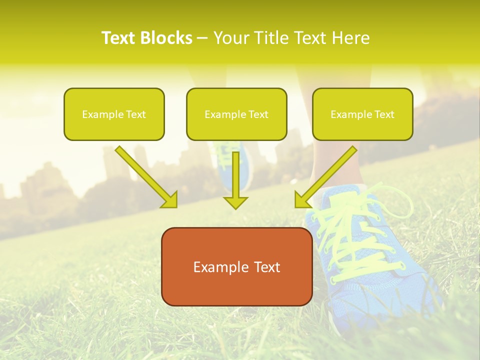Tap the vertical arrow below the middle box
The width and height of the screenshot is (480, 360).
tap(236, 175)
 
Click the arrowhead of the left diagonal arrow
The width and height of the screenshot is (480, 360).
tap(170, 200)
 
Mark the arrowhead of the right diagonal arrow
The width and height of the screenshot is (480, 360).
tap(302, 200)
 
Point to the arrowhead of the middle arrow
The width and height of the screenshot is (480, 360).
tap(236, 202)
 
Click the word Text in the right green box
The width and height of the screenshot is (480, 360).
tap(384, 114)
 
